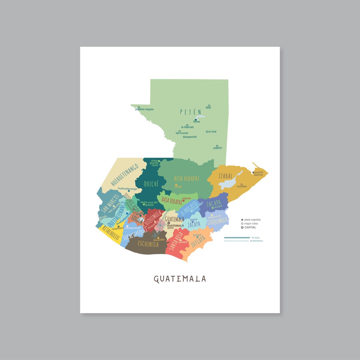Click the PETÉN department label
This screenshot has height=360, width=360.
pyautogui.click(x=191, y=112)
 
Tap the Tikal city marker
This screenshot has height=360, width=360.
pyautogui.click(x=209, y=106)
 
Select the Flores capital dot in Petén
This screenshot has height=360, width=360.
pyautogui.click(x=196, y=120)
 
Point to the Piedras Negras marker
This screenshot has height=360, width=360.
pyautogui.click(x=139, y=107)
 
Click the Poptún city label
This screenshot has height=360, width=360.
pyautogui.click(x=218, y=148)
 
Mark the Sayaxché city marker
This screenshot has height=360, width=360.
pyautogui.click(x=184, y=137)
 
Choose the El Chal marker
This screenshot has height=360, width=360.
pyautogui.click(x=207, y=132)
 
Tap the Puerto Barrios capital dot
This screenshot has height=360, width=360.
pyautogui.click(x=253, y=172)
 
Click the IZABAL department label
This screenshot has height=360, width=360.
pyautogui.click(x=226, y=176)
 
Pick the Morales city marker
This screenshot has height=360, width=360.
pyautogui.click(x=241, y=184)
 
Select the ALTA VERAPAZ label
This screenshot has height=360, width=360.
pyautogui.click(x=187, y=178)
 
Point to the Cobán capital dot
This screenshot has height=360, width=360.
pyautogui.click(x=176, y=185)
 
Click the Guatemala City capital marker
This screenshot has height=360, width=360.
pyautogui.click(x=169, y=223)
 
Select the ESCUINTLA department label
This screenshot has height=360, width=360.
pyautogui.click(x=148, y=244)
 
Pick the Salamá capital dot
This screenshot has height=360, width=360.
pyautogui.click(x=183, y=201)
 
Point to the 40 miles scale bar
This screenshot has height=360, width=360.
pyautogui.click(x=237, y=238)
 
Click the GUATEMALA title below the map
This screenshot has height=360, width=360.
pyautogui.click(x=180, y=279)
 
